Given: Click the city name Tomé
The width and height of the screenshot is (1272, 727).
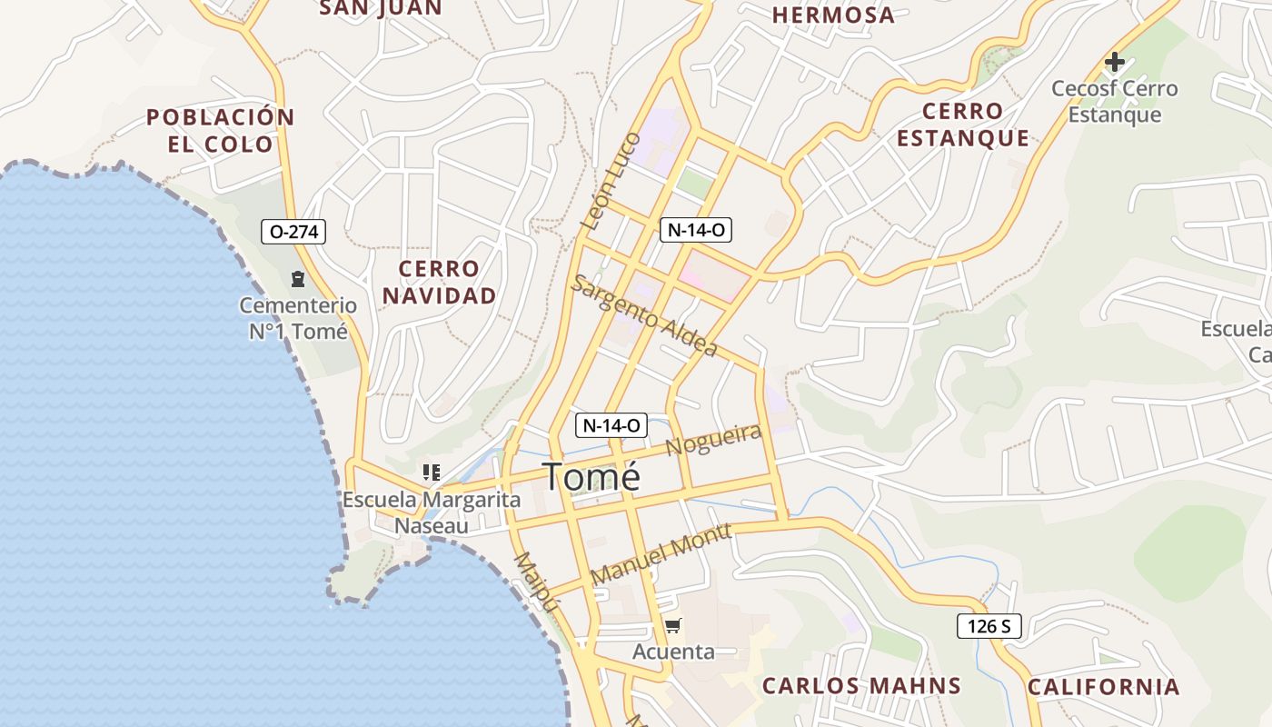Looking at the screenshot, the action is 591,477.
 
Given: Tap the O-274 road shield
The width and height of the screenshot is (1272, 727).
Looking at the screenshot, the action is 293,232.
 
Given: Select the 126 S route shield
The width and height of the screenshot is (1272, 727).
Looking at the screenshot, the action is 989,625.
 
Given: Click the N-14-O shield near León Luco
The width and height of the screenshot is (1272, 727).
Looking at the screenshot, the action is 696,230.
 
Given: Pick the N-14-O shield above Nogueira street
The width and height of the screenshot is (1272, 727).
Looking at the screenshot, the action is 611,424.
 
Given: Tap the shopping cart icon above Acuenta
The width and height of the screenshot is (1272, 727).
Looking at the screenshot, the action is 673,625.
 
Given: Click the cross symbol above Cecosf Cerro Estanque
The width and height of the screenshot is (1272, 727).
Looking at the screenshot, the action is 1114,63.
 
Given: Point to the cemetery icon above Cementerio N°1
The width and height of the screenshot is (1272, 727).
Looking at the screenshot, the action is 297,279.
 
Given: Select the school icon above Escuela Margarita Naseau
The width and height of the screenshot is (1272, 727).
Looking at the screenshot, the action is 432,473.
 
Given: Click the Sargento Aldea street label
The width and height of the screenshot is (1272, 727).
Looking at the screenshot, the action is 644,315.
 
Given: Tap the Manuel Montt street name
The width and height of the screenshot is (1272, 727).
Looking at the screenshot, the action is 661,553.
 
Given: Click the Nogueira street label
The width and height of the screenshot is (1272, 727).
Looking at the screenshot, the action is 713,440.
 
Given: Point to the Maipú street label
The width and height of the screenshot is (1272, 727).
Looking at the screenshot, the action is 534,583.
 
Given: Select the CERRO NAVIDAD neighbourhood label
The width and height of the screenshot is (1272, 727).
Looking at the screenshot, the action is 440,282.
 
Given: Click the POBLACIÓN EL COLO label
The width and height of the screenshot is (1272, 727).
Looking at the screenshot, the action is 221,130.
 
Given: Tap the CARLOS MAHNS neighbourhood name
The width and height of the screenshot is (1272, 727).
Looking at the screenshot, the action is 861,685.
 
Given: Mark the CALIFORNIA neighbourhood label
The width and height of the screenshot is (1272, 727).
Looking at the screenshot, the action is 1104,686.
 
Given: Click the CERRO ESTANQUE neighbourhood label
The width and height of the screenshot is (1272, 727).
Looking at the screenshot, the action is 963,124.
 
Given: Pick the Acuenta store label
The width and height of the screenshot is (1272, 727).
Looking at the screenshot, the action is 673,652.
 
